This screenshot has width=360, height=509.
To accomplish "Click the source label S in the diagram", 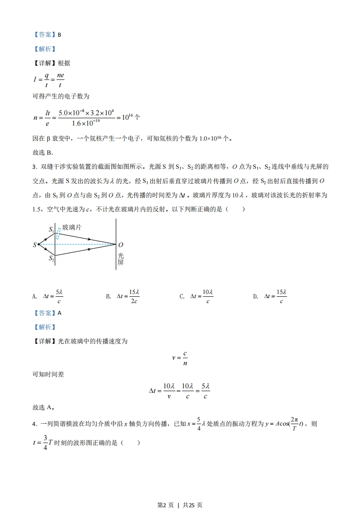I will [35, 245].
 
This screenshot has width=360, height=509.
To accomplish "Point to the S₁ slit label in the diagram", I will [51, 230].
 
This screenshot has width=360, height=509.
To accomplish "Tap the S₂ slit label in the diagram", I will [51, 259].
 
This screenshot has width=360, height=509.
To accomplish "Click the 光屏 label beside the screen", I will [120, 259].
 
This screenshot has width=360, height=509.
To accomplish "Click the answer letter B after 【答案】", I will [59, 34].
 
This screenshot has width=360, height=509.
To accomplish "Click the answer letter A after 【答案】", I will [59, 313].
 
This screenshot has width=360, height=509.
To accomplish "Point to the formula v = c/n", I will [180, 357].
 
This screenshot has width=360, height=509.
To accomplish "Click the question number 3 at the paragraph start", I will [35, 167].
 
